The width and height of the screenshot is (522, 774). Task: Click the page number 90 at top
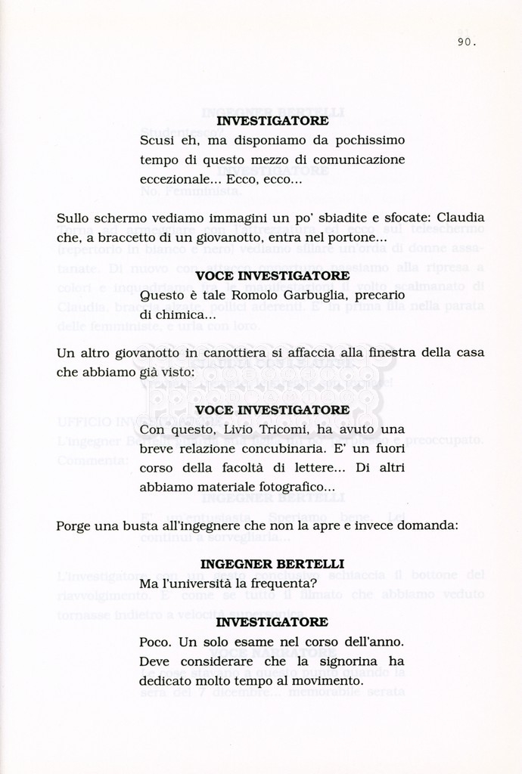[466, 42]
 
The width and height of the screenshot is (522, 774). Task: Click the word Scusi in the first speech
[157, 140]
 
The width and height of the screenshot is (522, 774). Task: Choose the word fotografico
[292, 488]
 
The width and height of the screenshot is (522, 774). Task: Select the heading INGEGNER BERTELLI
[272, 564]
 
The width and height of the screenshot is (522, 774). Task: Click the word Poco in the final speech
[156, 642]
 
